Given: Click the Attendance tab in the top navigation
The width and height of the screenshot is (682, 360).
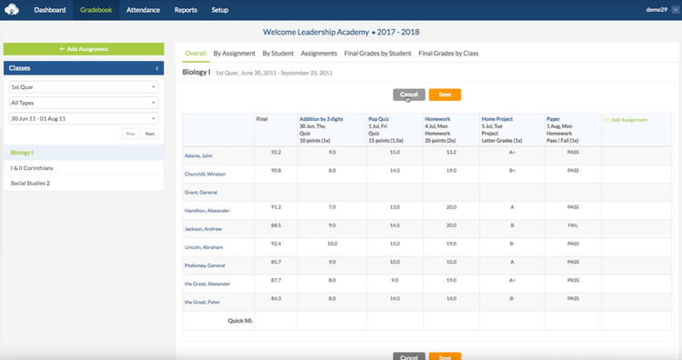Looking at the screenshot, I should (144, 10).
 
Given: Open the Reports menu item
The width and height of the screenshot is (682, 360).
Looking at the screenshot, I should (186, 10).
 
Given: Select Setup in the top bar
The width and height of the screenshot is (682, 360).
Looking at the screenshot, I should (219, 10).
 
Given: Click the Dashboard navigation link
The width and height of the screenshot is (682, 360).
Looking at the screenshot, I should (51, 10).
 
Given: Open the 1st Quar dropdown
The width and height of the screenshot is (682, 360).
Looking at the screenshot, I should (84, 86).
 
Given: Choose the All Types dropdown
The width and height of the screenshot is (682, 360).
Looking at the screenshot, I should (84, 102).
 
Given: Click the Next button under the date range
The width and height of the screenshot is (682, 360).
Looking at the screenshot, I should (149, 134).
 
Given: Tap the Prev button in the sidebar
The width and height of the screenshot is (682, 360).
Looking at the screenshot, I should (130, 134).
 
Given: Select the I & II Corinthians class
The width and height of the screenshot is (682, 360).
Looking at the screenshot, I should (31, 167).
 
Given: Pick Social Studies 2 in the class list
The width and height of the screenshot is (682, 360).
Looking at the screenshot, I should (30, 183).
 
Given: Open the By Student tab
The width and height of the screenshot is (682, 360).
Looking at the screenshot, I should (278, 54).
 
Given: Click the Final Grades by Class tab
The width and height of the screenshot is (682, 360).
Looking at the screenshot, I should (448, 54).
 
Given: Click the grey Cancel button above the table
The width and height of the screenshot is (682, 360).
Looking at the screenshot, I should (409, 95).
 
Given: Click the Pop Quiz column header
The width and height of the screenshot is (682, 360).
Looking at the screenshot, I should (379, 119).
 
